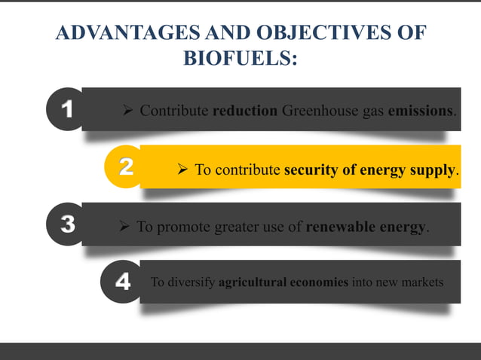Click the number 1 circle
(66, 110)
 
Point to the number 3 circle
(67, 225)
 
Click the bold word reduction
(245, 111)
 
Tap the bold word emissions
(421, 111)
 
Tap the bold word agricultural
(252, 283)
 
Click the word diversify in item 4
(190, 283)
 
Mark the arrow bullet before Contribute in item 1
(128, 111)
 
